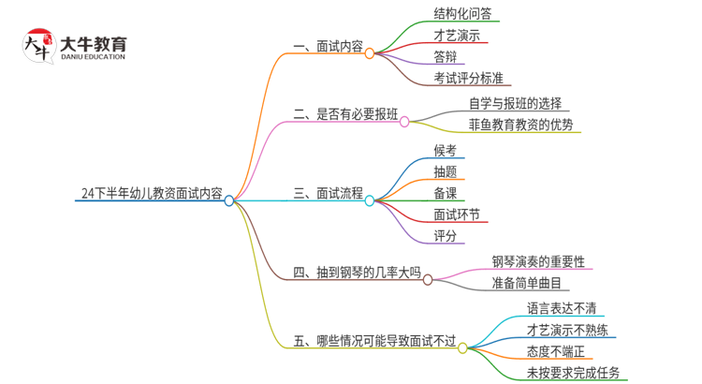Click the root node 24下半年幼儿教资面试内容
click(x=152, y=195)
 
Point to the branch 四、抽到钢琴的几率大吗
click(x=357, y=273)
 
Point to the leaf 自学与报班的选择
click(x=515, y=103)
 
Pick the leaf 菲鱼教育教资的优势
click(x=520, y=125)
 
